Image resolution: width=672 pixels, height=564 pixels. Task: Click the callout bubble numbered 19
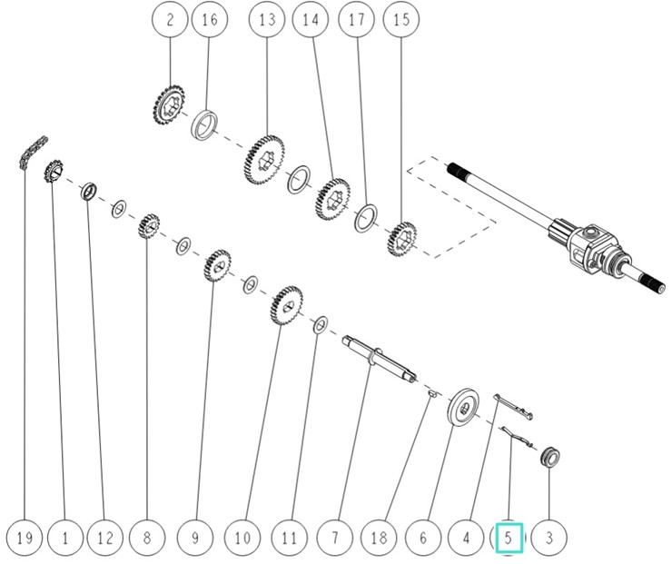pos(25,538)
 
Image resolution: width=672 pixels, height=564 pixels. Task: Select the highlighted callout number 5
pos(509,538)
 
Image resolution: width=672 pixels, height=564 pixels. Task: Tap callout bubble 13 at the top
pos(266,20)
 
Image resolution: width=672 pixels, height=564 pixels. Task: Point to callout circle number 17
pos(356,20)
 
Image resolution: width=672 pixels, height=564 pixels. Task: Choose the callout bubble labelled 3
pos(548,538)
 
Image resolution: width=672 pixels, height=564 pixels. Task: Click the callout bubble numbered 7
pos(334,538)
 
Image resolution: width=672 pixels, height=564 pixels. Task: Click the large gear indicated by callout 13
pos(264,159)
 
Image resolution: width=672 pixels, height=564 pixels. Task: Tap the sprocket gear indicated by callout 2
pos(170,106)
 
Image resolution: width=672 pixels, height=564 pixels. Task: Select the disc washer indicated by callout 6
pos(463,405)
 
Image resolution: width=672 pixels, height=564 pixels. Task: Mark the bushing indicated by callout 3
pos(549,456)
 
